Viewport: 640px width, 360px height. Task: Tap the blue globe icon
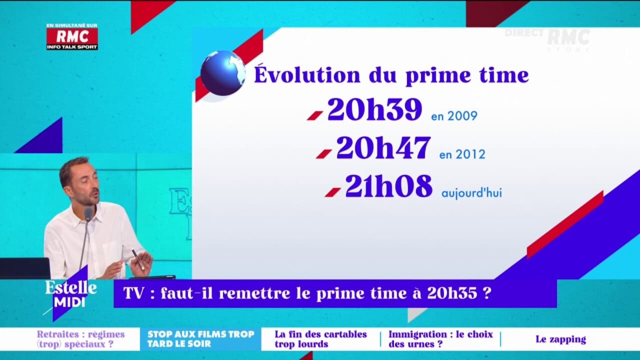coord(223,73)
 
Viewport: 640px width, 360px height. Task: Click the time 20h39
coord(374,110)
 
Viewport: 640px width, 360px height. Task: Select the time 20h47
coord(383,148)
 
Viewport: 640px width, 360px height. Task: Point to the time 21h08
coord(388,186)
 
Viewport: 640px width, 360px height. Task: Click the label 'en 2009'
coord(454,116)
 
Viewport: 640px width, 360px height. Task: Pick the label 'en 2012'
coord(462,154)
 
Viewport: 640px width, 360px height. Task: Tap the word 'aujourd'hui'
coord(471,193)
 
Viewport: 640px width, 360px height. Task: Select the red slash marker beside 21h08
coord(332,192)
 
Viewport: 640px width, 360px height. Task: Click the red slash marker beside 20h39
coord(314,115)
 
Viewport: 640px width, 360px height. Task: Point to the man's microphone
coord(88,215)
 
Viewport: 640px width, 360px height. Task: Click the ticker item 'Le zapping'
coord(560,339)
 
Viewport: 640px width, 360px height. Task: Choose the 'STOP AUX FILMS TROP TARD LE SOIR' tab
coord(200,339)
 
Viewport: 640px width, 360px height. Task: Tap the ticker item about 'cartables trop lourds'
coord(320,339)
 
